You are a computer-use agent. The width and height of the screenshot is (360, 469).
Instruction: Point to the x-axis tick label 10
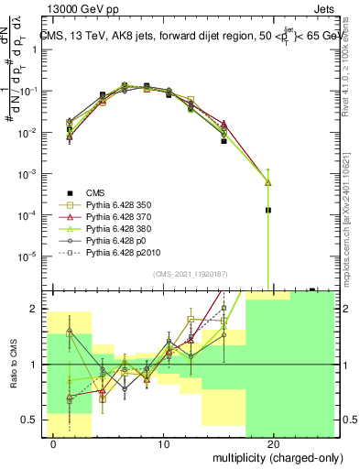164,444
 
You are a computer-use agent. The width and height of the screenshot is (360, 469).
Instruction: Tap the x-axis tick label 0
55,444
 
